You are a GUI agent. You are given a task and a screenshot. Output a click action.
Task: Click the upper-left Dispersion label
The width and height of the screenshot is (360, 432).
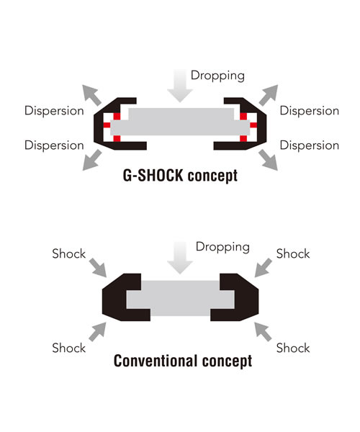pyautogui.click(x=54, y=111)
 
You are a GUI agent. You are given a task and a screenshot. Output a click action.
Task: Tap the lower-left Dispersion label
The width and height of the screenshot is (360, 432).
pyautogui.click(x=54, y=145)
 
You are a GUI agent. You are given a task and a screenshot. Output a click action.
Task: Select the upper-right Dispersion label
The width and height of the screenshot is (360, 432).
pyautogui.click(x=310, y=111)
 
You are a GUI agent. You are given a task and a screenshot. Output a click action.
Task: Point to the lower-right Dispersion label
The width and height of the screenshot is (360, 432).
pyautogui.click(x=310, y=145)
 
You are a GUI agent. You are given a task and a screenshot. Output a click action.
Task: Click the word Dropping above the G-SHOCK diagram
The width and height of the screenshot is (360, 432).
pyautogui.click(x=217, y=76)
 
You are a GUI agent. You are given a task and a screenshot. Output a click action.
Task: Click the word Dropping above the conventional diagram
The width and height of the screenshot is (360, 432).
pyautogui.click(x=222, y=247)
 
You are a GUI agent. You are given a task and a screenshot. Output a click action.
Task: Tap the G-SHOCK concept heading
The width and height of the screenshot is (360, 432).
pyautogui.click(x=180, y=176)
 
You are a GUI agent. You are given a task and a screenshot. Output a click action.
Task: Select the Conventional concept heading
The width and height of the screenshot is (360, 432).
pyautogui.click(x=183, y=361)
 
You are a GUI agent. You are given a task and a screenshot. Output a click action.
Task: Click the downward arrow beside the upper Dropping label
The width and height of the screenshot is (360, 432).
pyautogui.click(x=180, y=86)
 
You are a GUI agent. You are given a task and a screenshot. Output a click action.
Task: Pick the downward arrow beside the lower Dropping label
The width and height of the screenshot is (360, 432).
pyautogui.click(x=180, y=257)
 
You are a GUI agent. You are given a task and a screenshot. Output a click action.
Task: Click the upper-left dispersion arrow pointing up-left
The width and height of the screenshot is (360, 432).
pyautogui.click(x=91, y=95)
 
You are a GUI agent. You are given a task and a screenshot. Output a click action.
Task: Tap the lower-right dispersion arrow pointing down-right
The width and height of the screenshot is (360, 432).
pyautogui.click(x=269, y=160)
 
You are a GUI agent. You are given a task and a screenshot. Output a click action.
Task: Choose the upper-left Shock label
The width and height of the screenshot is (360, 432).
pyautogui.click(x=69, y=253)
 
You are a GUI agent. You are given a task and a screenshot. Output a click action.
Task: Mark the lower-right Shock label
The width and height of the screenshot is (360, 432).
pyautogui.click(x=293, y=348)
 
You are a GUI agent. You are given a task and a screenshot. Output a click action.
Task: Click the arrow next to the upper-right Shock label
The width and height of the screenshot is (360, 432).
pyautogui.click(x=263, y=268)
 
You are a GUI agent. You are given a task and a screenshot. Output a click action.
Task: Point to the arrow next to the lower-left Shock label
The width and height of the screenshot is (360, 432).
pyautogui.click(x=97, y=332)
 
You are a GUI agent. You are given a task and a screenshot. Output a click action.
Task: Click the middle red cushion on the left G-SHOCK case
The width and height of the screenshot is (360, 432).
pyautogui.click(x=107, y=125)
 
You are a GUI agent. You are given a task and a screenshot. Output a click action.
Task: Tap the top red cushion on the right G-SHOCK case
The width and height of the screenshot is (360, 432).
pyautogui.click(x=243, y=116)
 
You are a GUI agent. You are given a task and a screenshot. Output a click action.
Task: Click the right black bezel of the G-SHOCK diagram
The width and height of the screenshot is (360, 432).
pyautogui.click(x=262, y=124)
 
